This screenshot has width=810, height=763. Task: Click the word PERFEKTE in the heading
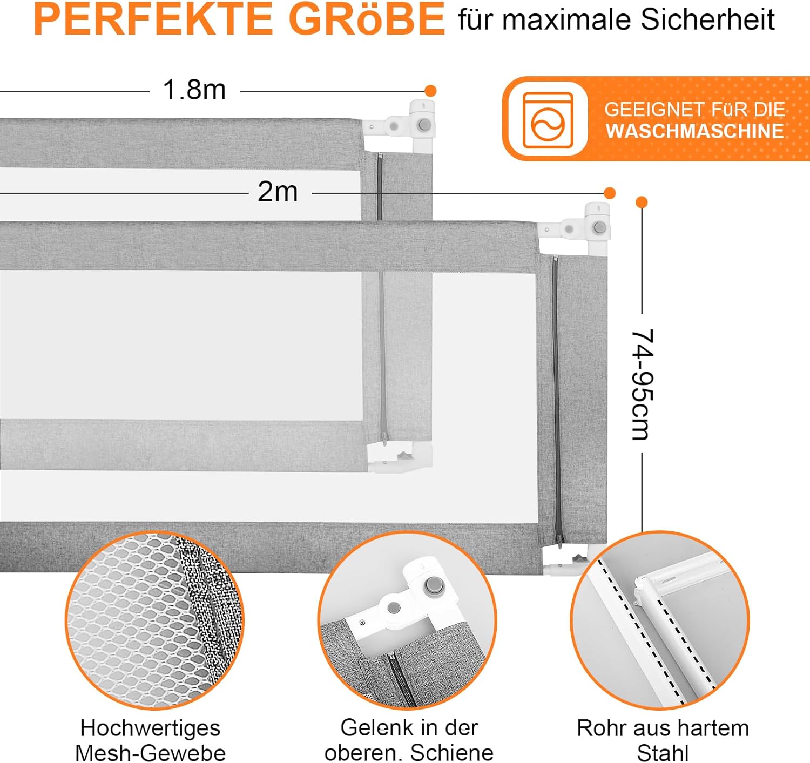153,19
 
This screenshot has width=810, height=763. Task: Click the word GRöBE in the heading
367,19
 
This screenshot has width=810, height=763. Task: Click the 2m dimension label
278,191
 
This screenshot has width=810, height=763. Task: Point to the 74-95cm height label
643,384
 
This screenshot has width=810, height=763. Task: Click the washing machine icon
548,120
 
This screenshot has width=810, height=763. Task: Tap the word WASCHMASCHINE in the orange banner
695,131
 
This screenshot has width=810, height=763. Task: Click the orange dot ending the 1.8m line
430,91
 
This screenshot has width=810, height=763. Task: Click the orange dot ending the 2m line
609,193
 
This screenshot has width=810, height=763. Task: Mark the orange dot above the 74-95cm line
642,202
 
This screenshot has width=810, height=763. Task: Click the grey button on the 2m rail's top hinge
599,227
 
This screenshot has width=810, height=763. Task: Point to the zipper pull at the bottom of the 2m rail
559,541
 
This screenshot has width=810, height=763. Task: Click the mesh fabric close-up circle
154,620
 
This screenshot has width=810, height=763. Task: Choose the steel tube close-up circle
659,620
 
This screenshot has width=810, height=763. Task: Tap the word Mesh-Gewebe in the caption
151,752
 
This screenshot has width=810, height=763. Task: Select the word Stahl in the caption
663,752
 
